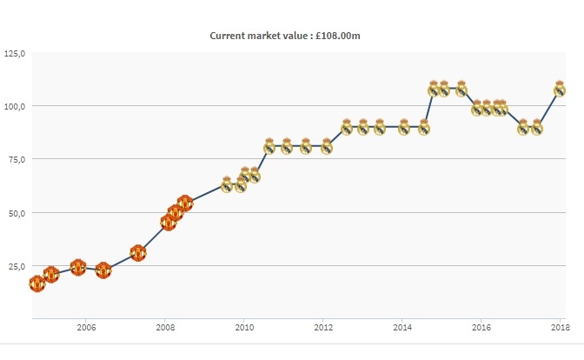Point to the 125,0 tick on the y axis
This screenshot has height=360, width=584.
(15, 54)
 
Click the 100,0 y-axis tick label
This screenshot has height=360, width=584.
(15, 106)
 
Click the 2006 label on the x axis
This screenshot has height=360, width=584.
(86, 328)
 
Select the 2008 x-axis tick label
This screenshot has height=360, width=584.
(165, 328)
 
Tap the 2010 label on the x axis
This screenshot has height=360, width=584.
(244, 328)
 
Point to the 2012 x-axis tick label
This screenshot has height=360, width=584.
(323, 328)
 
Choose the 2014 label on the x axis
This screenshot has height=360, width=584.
(402, 328)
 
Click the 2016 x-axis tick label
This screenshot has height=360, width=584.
(481, 328)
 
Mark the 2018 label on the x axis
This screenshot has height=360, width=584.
(561, 328)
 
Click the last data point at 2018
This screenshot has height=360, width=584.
(561, 89)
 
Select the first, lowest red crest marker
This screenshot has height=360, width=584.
(36, 283)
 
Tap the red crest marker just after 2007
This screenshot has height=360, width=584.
(137, 253)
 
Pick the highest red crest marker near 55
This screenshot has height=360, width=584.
(184, 203)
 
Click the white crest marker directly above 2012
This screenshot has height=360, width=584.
(327, 146)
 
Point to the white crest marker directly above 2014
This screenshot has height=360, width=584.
(404, 127)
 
